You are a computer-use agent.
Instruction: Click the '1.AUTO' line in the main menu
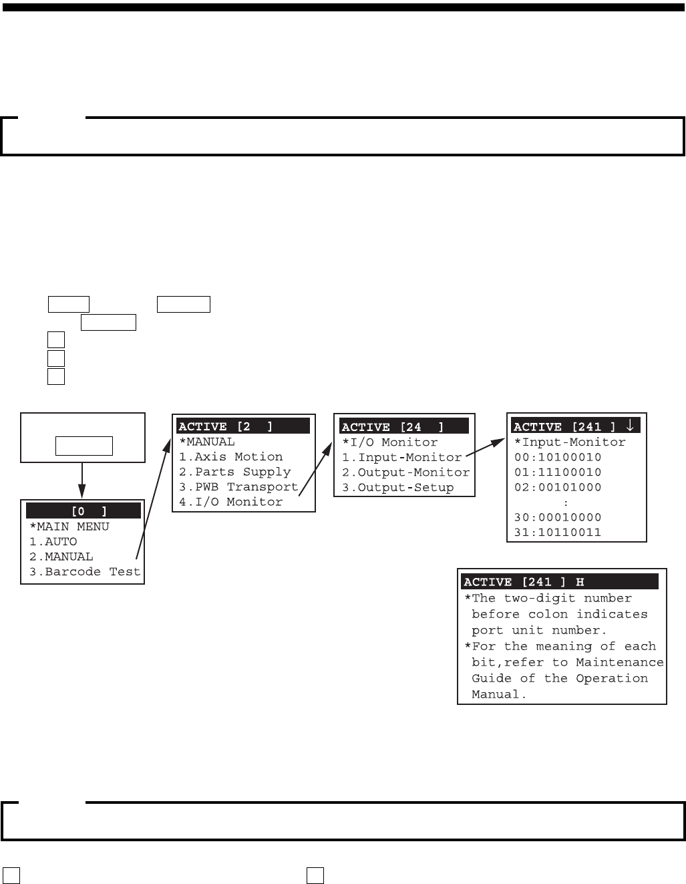[x=53, y=542]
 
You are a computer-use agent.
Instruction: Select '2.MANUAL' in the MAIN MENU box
[x=61, y=557]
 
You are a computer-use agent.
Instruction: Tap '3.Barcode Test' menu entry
[x=85, y=572]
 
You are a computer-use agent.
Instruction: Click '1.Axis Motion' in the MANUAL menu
[x=231, y=457]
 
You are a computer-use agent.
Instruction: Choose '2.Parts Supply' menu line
[x=235, y=472]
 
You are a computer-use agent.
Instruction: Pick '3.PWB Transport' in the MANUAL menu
[x=238, y=487]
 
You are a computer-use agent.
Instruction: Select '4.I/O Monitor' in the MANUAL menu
[x=231, y=502]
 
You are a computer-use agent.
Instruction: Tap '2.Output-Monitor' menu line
[x=406, y=472]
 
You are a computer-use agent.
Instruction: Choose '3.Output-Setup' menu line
[x=398, y=488]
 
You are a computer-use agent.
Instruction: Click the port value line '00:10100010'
[x=558, y=458]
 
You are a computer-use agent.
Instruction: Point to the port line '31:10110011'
[x=558, y=533]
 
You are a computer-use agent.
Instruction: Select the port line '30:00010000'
[x=558, y=517]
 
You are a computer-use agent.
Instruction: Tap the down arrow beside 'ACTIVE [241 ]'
[x=629, y=426]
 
